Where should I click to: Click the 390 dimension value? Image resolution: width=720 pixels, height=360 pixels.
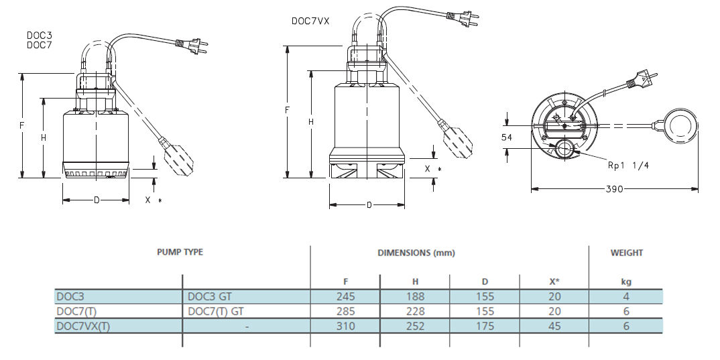click(x=614, y=189)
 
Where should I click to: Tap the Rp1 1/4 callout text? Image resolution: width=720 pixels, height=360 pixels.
click(x=627, y=166)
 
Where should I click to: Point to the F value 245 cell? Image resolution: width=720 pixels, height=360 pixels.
click(x=346, y=296)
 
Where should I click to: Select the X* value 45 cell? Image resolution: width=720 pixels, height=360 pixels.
click(x=553, y=326)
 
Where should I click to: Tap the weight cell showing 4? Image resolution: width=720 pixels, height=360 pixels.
click(x=625, y=296)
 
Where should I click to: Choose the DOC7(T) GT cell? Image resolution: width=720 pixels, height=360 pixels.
click(x=216, y=311)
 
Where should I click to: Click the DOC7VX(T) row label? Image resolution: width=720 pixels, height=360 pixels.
click(x=84, y=326)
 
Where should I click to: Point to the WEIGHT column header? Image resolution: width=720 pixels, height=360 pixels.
click(x=626, y=253)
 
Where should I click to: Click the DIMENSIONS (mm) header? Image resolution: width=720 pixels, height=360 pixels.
click(x=416, y=253)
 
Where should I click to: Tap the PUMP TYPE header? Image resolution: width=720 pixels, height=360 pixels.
click(x=180, y=252)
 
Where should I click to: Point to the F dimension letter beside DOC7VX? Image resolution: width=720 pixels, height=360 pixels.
click(x=287, y=109)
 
